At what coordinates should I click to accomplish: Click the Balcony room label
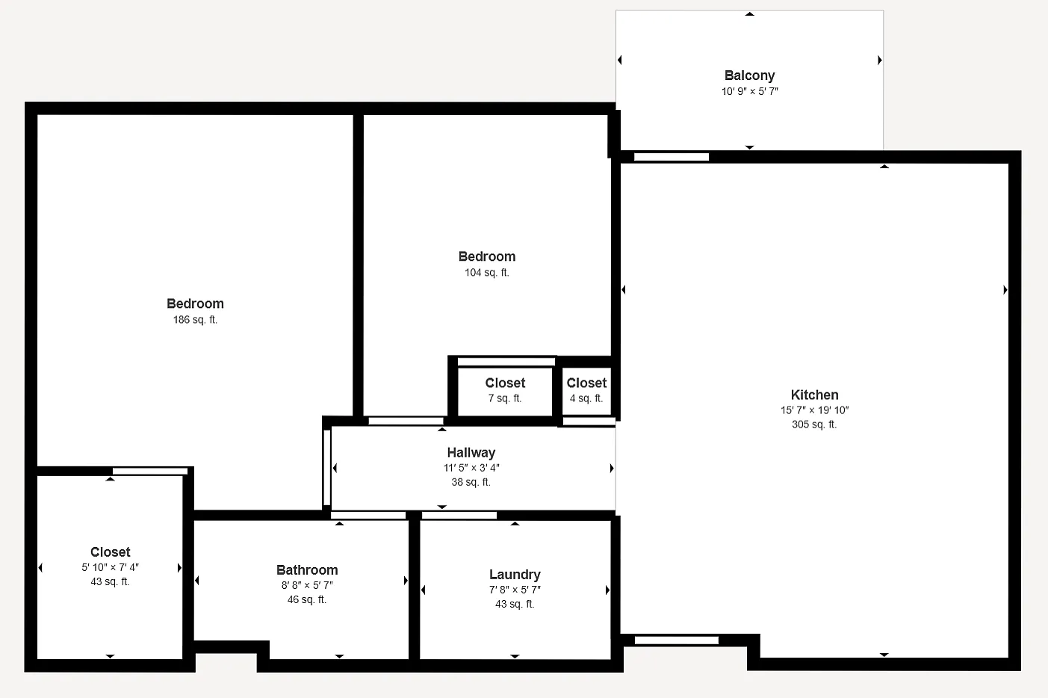tap(749, 75)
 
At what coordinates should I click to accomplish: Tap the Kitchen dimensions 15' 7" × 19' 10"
tap(814, 410)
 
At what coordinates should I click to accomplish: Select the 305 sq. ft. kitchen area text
tap(814, 424)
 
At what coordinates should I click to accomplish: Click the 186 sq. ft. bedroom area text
tap(195, 320)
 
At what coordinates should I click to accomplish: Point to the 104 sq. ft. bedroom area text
tap(486, 273)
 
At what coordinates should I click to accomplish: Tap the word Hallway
tap(471, 452)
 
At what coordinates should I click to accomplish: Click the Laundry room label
tap(515, 574)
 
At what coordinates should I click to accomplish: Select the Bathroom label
tap(307, 569)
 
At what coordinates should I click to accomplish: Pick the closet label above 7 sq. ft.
tap(505, 383)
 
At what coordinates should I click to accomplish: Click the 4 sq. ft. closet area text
tap(586, 398)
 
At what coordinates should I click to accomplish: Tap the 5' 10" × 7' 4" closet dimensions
tap(110, 567)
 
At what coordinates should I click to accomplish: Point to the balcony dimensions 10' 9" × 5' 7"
tap(749, 91)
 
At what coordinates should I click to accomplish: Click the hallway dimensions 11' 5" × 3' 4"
tap(471, 468)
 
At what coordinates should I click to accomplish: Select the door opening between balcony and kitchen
tap(672, 157)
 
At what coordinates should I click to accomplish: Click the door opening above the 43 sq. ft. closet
tap(149, 471)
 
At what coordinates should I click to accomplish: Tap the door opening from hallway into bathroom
tap(368, 516)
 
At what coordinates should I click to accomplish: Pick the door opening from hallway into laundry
tap(459, 516)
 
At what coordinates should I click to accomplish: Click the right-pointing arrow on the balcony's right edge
tap(880, 60)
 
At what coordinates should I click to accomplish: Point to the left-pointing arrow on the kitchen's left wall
tap(623, 290)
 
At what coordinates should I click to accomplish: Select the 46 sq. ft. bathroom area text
tap(307, 599)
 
